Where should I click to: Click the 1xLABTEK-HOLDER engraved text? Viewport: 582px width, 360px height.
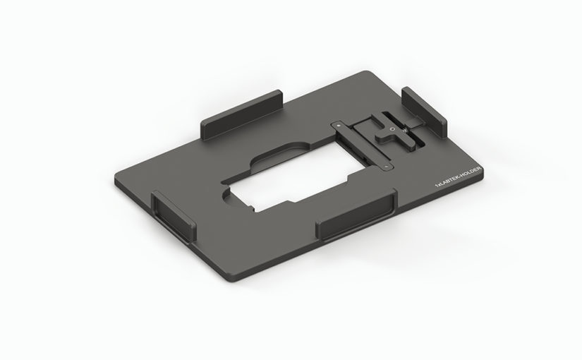point(458,177)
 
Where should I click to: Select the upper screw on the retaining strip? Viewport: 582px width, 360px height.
point(338,126)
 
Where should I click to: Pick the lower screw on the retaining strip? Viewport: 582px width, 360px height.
point(387,167)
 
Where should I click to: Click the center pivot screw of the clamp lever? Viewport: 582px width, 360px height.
point(392,129)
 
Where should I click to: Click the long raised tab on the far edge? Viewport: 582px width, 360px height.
point(242,115)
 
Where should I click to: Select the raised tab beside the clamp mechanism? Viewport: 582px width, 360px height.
point(424,112)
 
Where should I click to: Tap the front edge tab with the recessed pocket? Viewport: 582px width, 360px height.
point(356,215)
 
